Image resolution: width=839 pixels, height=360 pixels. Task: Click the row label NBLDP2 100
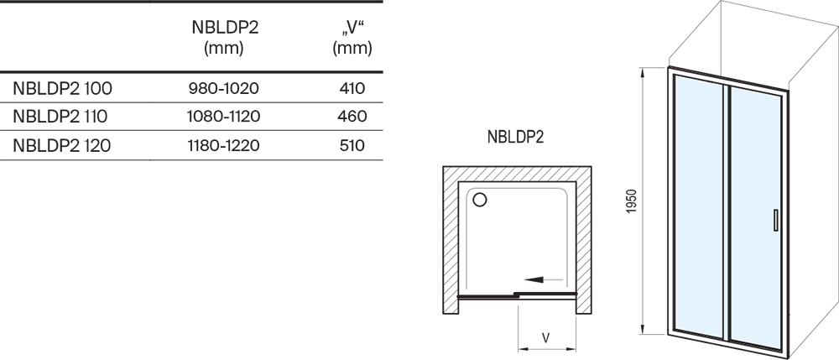click(x=63, y=88)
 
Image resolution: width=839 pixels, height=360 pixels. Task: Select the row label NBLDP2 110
click(x=60, y=117)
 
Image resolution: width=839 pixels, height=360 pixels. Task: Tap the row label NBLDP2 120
click(x=62, y=145)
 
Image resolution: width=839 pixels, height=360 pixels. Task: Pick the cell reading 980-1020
click(x=224, y=88)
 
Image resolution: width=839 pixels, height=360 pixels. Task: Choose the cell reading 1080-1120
click(x=224, y=117)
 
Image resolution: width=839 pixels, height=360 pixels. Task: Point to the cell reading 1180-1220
click(x=224, y=145)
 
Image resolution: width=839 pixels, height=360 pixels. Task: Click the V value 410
click(x=352, y=88)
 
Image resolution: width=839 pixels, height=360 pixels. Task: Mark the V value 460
click(x=352, y=117)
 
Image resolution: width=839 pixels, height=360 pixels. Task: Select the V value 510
click(x=352, y=145)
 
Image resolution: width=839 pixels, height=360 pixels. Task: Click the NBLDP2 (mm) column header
click(x=225, y=38)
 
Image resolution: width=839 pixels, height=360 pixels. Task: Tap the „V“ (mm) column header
click(x=352, y=38)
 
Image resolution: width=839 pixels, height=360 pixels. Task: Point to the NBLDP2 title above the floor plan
click(x=515, y=137)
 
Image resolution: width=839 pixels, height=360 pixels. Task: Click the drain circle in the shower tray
click(x=480, y=200)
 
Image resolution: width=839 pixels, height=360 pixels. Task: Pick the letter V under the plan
click(x=546, y=337)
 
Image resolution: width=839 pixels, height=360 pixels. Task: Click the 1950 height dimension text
click(x=632, y=201)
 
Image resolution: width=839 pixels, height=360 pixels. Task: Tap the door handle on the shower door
click(x=775, y=220)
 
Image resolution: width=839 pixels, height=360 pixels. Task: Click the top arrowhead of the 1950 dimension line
click(x=642, y=71)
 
